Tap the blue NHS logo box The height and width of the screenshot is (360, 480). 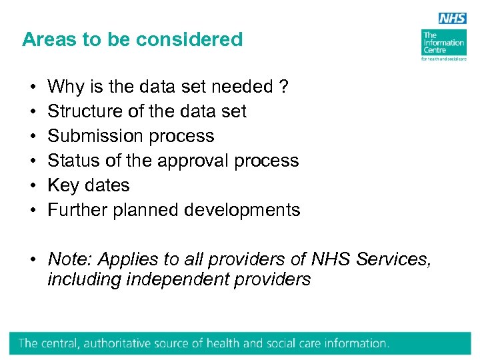[x=452, y=19]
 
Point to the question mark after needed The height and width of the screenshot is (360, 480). [x=284, y=87]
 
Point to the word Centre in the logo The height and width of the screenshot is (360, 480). [x=434, y=51]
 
